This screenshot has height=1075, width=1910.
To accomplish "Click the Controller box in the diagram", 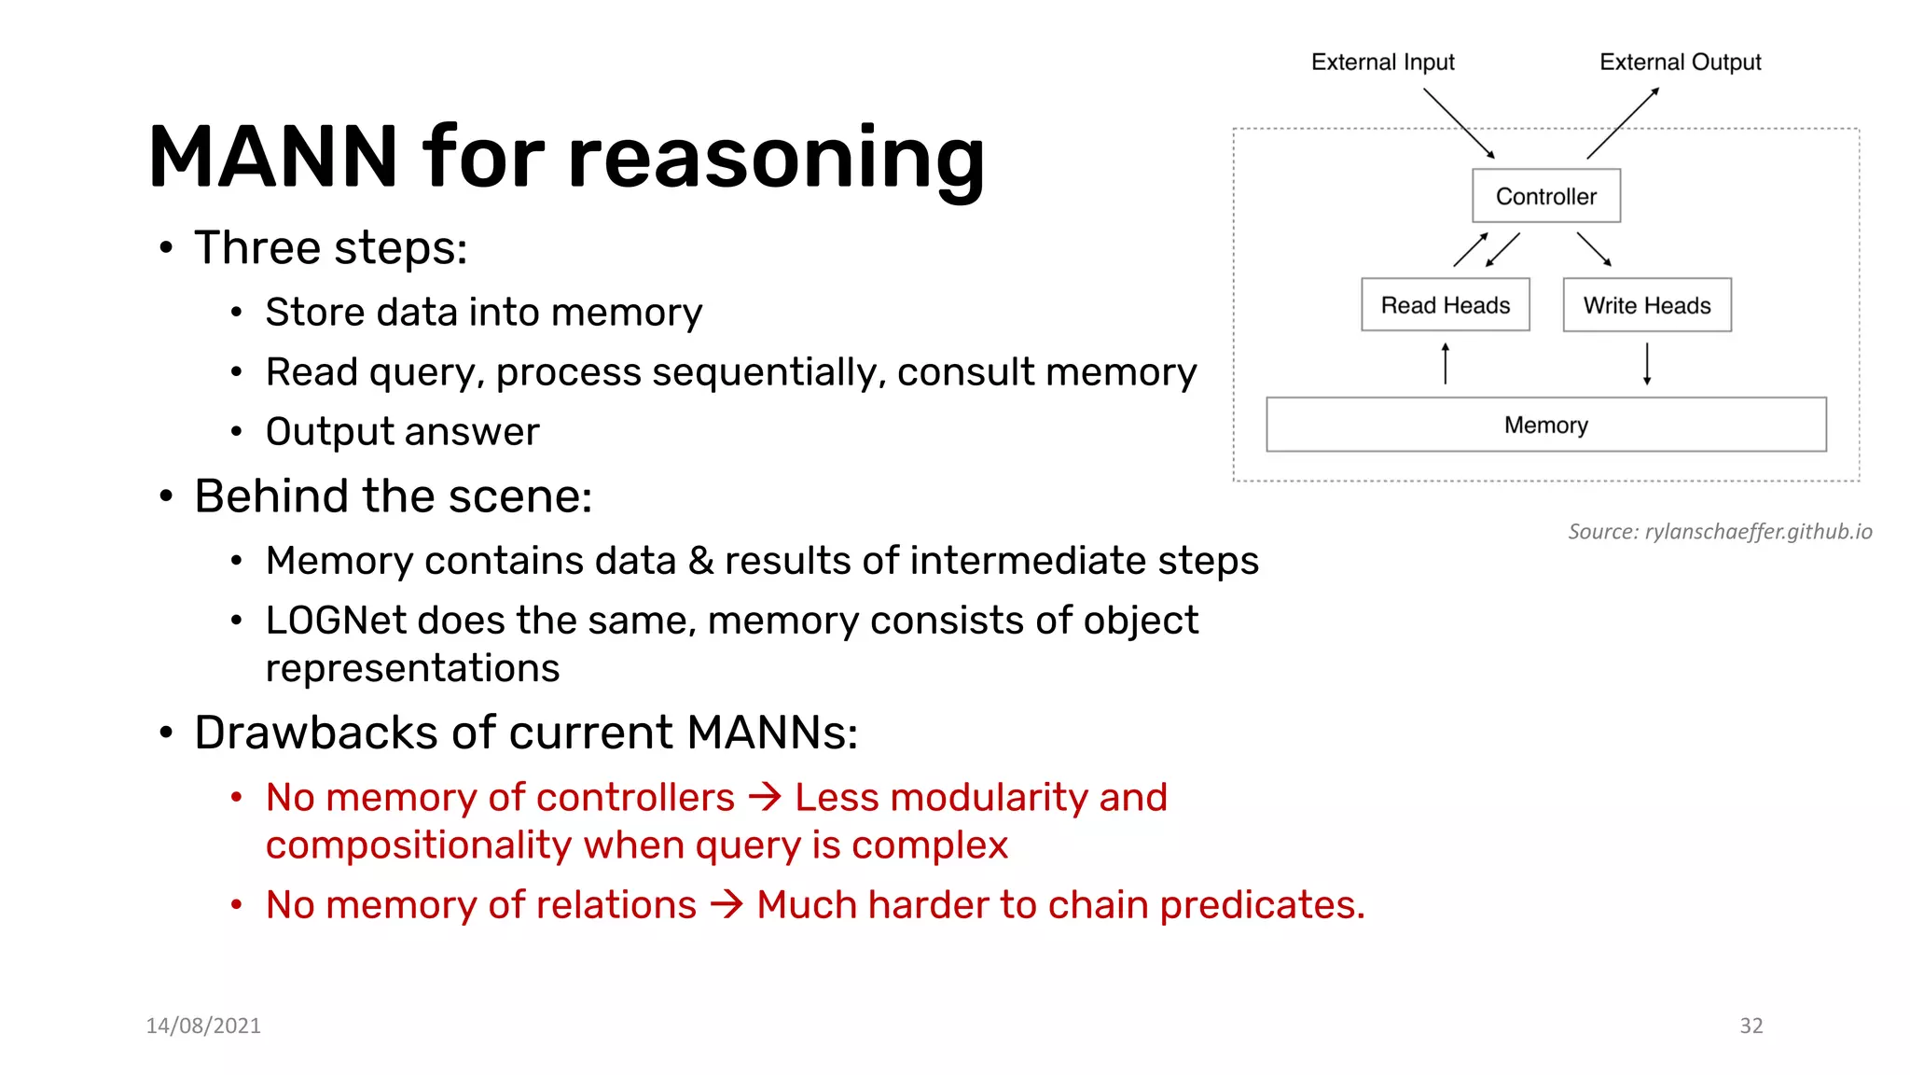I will [x=1545, y=196].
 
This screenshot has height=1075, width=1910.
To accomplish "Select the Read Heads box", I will [x=1445, y=305].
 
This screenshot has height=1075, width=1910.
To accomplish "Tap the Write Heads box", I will [x=1647, y=305].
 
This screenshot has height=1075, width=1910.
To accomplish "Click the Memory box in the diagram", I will [x=1545, y=425].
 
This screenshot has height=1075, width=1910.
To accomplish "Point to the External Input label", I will [x=1382, y=62].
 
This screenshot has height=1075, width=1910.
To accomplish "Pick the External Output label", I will [x=1680, y=62].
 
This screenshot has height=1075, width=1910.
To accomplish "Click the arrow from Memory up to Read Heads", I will [x=1446, y=364].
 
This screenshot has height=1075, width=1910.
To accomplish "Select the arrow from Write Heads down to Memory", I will [x=1647, y=364].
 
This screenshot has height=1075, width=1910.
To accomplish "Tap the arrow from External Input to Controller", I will [x=1459, y=123].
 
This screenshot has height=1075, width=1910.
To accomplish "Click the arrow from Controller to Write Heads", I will [x=1594, y=249].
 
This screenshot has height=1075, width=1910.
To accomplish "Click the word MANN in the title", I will [x=273, y=157].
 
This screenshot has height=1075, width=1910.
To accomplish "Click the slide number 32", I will [x=1751, y=1026].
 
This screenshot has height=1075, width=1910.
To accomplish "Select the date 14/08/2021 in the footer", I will [x=203, y=1026].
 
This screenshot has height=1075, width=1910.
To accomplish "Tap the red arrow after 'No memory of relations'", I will [x=727, y=904].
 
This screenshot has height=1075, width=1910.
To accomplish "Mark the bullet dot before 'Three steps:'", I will [x=166, y=248].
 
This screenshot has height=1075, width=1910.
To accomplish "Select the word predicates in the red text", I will [x=1262, y=905].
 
